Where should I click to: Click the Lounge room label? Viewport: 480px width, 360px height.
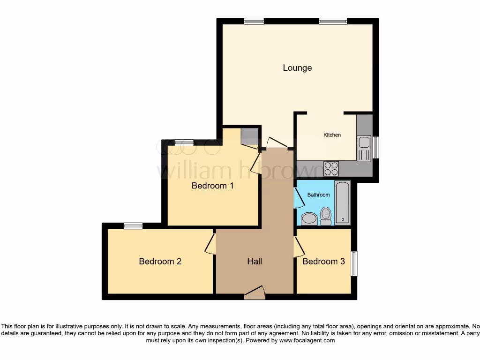click(x=297, y=68)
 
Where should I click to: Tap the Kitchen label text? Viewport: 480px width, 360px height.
click(x=332, y=135)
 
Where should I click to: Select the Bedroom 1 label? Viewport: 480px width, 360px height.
click(x=212, y=186)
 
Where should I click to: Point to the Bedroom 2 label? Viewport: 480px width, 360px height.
click(x=160, y=262)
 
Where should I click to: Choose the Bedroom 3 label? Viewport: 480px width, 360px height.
click(x=323, y=262)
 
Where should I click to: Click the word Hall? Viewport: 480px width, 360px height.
click(x=255, y=262)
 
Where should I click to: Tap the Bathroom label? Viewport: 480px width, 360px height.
click(x=318, y=195)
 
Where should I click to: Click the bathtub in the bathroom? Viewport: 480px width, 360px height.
click(x=343, y=203)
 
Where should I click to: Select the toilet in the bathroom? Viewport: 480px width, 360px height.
click(x=326, y=216)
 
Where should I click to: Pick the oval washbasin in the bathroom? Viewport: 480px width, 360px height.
click(x=308, y=218)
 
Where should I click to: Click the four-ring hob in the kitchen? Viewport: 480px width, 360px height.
click(x=331, y=168)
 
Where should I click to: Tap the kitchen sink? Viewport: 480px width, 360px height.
click(x=363, y=148)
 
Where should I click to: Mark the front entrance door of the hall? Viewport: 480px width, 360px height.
click(x=255, y=293)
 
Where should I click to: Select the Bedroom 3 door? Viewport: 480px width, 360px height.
click(x=299, y=247)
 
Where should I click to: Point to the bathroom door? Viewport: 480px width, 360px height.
click(x=299, y=197)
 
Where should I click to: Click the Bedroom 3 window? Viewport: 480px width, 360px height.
click(x=355, y=264)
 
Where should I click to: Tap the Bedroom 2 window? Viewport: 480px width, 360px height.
click(x=133, y=226)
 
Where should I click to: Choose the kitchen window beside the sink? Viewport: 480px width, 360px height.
click(x=375, y=147)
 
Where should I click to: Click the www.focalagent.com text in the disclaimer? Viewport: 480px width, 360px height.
click(x=307, y=341)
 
